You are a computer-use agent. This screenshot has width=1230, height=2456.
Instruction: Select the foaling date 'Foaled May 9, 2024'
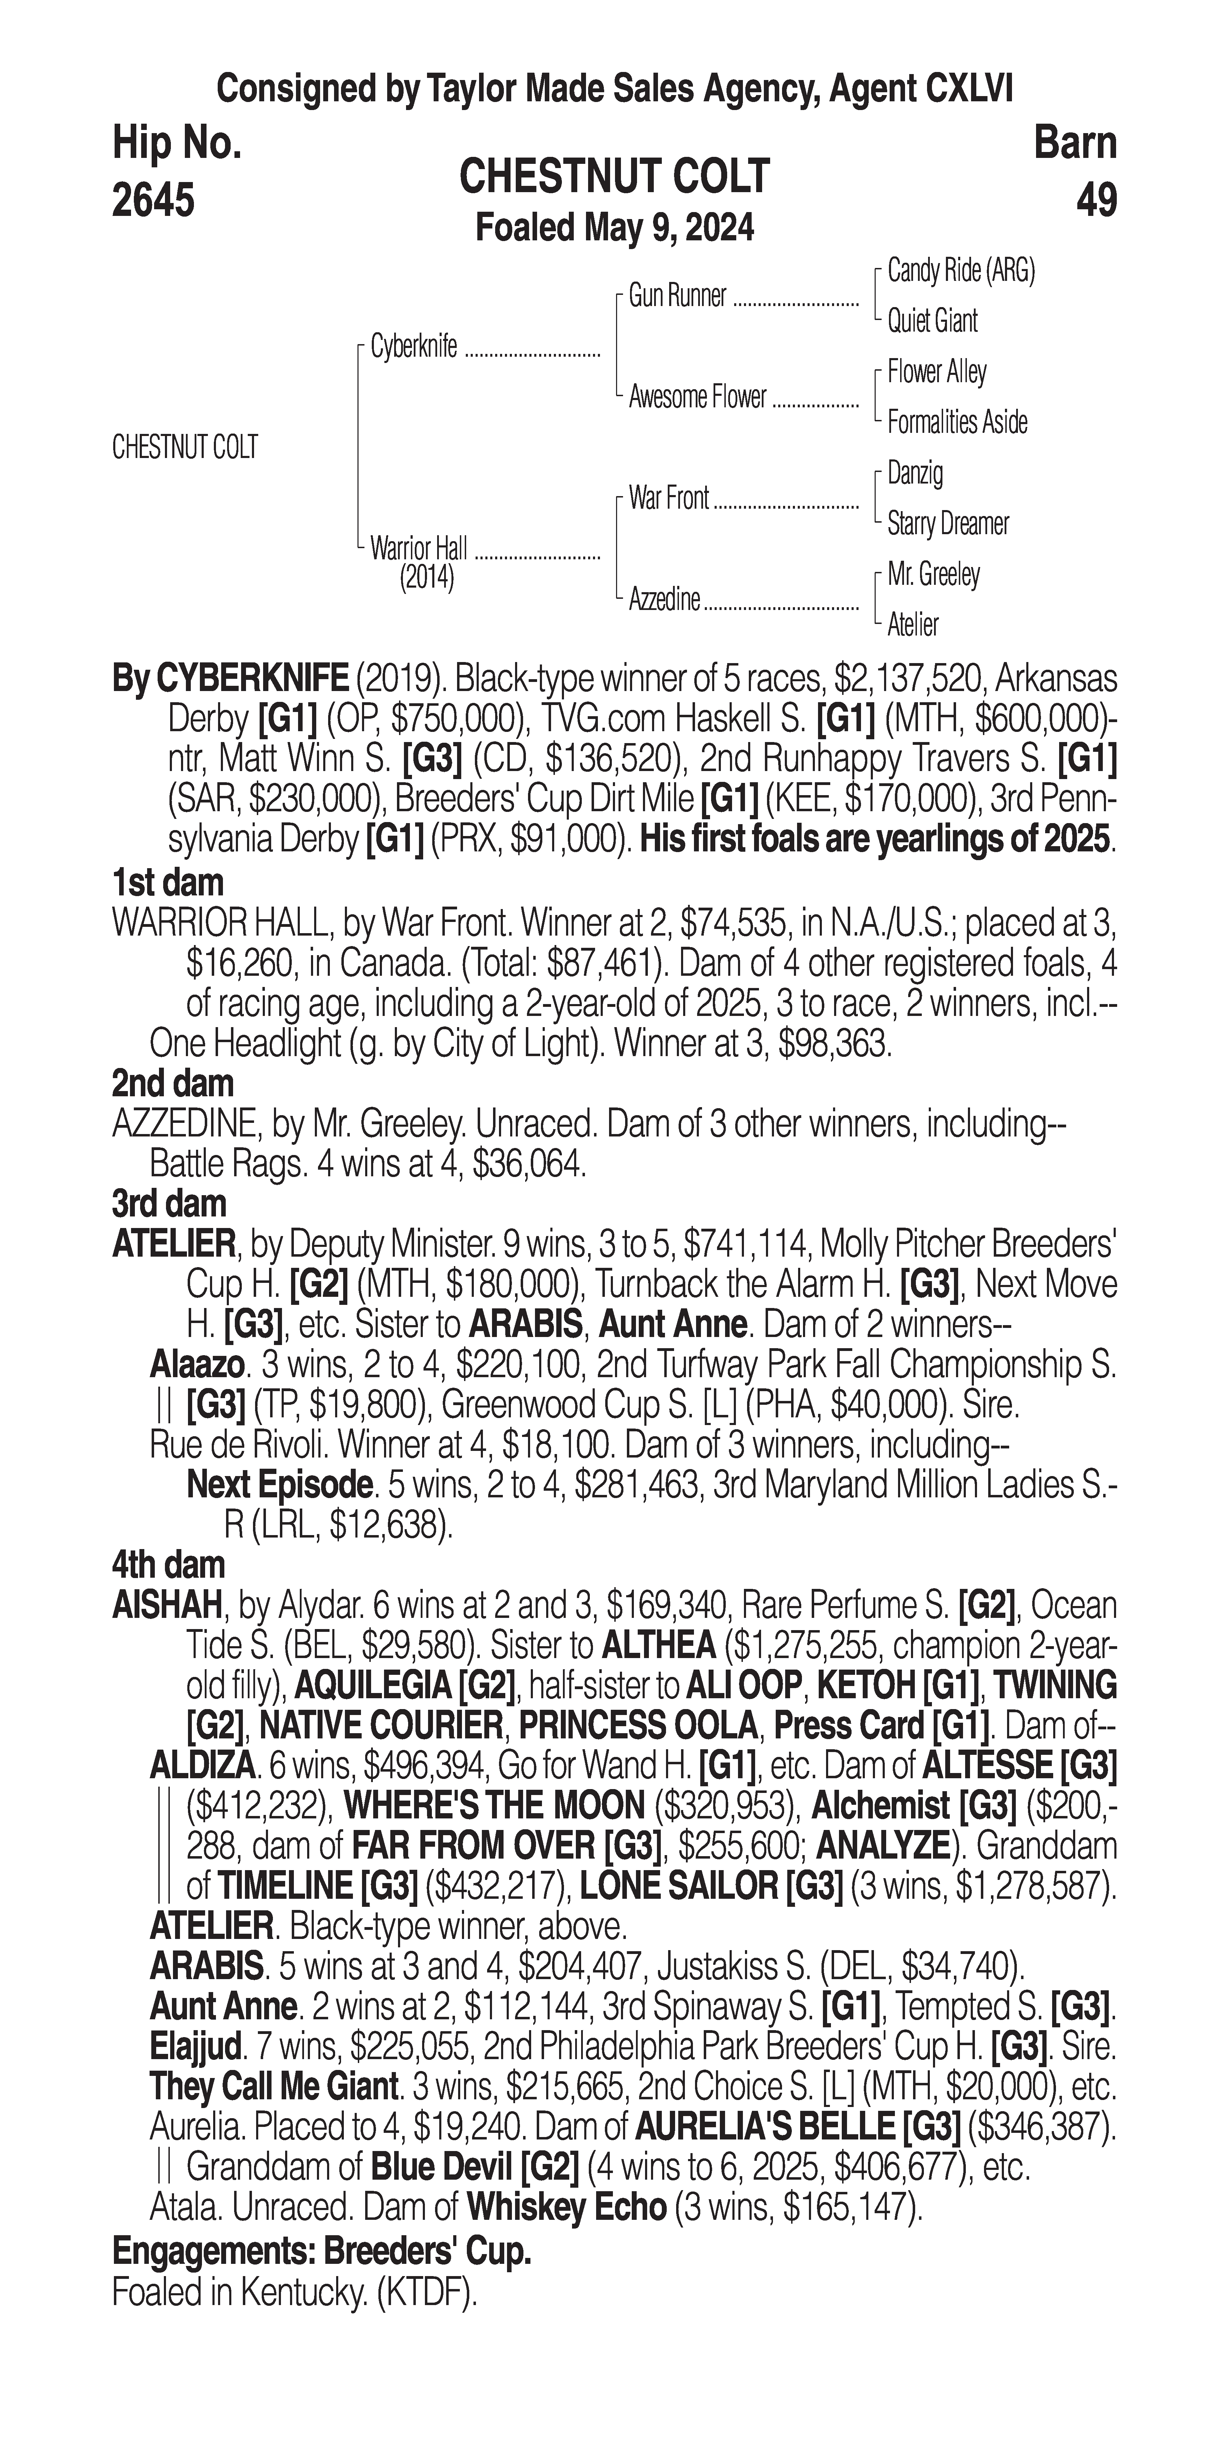(x=615, y=228)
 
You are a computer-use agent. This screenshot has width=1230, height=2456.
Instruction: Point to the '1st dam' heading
(x=168, y=883)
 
